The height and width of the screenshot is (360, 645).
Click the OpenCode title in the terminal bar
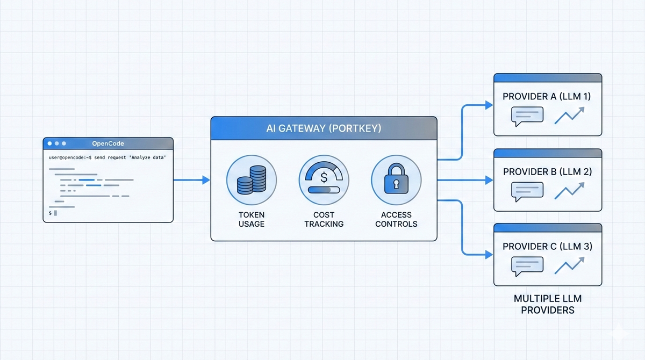108,143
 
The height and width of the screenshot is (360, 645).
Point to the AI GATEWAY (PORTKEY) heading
324,129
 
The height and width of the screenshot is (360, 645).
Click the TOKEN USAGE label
252,219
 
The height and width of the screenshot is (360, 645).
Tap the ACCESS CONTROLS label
396,219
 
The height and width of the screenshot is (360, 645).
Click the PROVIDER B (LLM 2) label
547,171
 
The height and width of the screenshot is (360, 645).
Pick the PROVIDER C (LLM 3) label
547,247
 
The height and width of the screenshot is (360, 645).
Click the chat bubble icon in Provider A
527,116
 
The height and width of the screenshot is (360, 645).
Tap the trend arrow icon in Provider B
569,190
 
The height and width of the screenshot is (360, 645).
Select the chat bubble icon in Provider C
527,265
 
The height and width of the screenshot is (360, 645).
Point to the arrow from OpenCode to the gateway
191,180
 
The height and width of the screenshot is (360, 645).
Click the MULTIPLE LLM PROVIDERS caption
547,304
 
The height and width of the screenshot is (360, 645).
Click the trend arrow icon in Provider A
569,115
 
